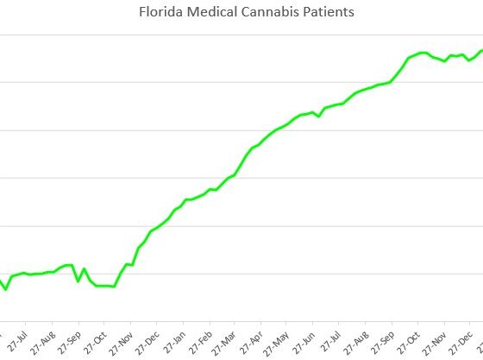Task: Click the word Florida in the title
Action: coord(158,13)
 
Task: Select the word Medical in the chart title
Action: coord(204,13)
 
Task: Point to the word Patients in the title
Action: coord(307,13)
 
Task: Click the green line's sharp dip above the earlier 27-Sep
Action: coord(78,281)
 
